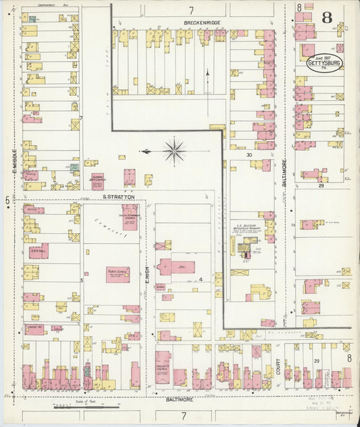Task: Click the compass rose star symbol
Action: point(174,151)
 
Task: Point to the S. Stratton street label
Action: point(119,197)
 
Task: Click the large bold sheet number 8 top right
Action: point(326,17)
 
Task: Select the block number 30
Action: point(249,155)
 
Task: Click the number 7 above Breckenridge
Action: point(191,10)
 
